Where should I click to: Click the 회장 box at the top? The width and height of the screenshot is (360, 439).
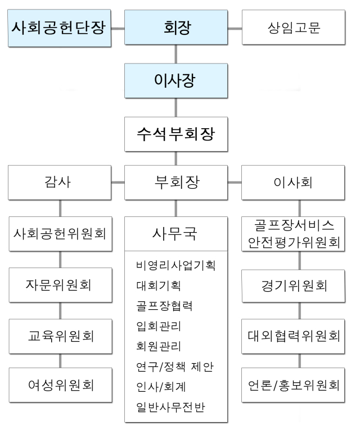tap(176, 27)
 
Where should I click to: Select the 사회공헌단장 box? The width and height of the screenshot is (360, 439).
tap(60, 28)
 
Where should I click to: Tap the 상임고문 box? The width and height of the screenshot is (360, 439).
tap(294, 27)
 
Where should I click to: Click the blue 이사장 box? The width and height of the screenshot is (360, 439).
tap(176, 80)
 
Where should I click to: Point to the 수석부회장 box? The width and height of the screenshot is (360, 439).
tap(176, 134)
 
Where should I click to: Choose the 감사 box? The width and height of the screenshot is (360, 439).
tap(60, 183)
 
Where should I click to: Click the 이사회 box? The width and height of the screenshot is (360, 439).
tap(293, 183)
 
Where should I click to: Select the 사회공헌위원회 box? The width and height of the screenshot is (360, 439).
tap(61, 234)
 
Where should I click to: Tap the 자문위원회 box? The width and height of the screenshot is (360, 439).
tap(61, 285)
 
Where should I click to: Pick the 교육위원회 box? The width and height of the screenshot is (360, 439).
tap(61, 336)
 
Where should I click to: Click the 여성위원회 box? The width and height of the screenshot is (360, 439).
tap(61, 385)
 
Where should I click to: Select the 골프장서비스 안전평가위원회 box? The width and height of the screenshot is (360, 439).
tap(293, 234)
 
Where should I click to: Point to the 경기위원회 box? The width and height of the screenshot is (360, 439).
tap(294, 286)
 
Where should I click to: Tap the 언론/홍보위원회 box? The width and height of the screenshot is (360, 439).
tap(293, 385)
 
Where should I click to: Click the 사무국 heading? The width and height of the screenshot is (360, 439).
tap(175, 233)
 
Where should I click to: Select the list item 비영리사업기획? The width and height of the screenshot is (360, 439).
tap(175, 265)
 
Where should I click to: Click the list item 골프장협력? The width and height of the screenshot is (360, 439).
tap(164, 306)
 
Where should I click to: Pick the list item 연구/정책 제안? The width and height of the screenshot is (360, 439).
tap(175, 366)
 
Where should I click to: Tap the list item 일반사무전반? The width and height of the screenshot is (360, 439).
tap(170, 407)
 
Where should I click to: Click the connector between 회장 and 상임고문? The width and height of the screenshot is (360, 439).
tap(235, 28)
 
